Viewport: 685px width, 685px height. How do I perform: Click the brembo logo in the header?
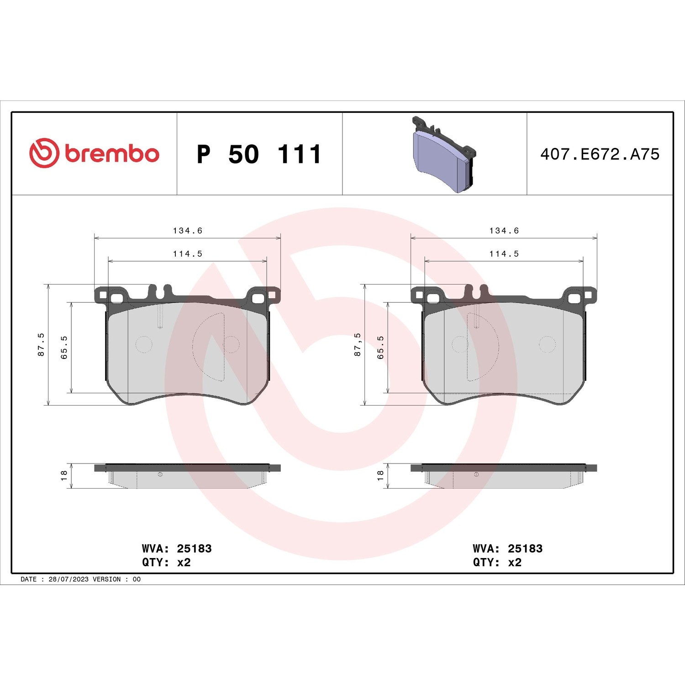coord(95,153)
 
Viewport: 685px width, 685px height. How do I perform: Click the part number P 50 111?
coord(259,154)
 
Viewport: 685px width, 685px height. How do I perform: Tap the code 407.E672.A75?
coord(600,154)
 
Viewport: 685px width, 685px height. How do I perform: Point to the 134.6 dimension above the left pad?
coord(187,231)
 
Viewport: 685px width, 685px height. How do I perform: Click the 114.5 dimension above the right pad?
coord(504,254)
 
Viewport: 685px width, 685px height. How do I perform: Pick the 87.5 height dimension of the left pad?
coord(41,344)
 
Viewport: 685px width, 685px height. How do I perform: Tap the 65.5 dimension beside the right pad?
coord(380,348)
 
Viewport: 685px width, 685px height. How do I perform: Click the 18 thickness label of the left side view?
coord(64,475)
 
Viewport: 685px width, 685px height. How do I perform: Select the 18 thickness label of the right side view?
coord(380,475)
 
